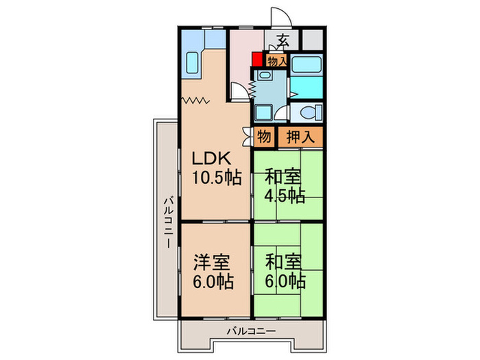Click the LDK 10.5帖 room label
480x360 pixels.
click(215, 167)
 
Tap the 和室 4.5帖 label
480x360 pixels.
click(285, 186)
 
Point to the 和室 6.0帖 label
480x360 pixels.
click(285, 272)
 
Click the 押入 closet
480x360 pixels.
click(300, 136)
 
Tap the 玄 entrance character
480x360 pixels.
click(283, 40)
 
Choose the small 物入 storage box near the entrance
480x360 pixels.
click(276, 61)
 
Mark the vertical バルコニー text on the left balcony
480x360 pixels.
click(167, 221)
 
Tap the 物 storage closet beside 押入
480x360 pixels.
click(265, 136)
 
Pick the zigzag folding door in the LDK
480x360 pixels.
click(196, 101)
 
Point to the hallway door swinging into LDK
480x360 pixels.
click(237, 92)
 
